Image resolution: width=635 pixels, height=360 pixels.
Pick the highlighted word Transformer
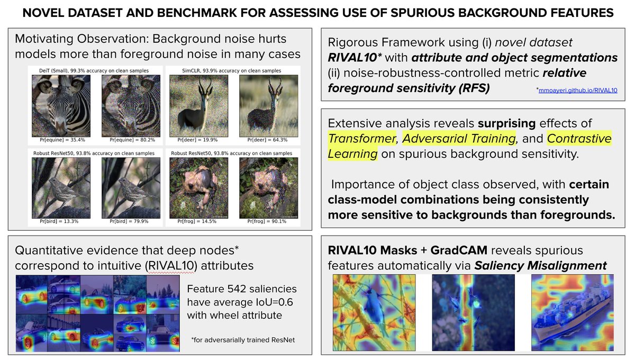tap(363, 139)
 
